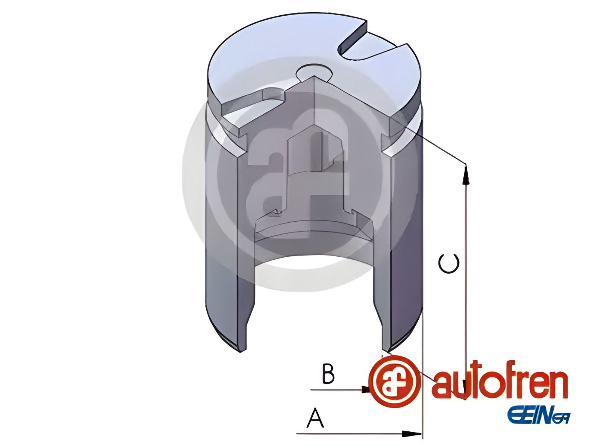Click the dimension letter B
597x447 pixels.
328,374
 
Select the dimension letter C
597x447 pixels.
448,263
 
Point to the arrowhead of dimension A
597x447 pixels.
413,434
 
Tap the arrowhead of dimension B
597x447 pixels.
366,390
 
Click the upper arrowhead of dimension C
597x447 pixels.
465,175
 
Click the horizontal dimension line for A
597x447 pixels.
351,434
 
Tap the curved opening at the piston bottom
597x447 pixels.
313,261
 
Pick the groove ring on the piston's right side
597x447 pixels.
418,112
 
